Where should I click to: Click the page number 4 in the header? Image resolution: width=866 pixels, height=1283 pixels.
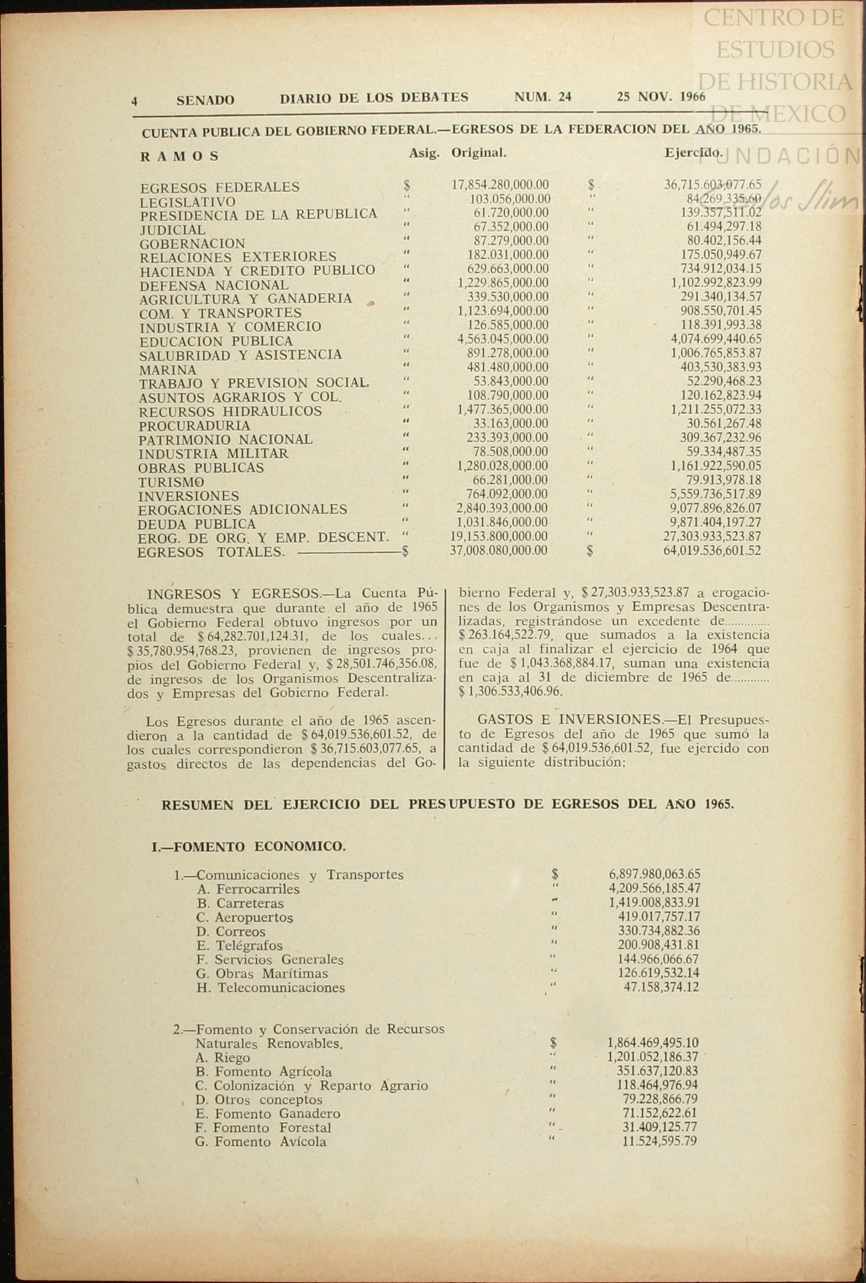click(x=134, y=101)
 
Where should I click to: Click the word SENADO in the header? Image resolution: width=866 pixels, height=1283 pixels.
click(x=205, y=100)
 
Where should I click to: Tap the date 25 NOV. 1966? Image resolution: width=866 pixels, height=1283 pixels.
click(x=660, y=96)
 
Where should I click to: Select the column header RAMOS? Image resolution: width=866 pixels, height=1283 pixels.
click(x=180, y=156)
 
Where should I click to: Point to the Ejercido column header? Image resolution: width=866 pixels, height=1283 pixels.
click(x=693, y=152)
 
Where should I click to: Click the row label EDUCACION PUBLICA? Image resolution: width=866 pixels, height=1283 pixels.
click(x=216, y=341)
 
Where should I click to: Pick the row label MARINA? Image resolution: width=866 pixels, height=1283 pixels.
click(x=168, y=370)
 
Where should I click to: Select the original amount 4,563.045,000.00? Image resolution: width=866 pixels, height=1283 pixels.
click(x=502, y=339)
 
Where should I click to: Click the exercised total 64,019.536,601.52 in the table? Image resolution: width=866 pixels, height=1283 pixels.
click(x=712, y=551)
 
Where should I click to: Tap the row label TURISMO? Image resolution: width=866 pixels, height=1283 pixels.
click(x=171, y=482)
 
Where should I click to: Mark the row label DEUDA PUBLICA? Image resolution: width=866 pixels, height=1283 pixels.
click(x=197, y=524)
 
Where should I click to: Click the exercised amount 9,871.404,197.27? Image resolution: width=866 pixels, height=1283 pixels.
click(x=712, y=522)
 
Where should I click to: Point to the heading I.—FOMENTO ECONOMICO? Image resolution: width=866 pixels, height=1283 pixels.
click(x=248, y=846)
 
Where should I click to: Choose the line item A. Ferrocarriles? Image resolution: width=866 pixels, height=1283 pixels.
click(x=249, y=889)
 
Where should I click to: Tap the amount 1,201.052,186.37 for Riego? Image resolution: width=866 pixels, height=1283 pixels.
click(x=653, y=1057)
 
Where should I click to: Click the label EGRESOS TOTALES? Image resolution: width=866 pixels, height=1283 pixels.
click(x=210, y=552)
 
